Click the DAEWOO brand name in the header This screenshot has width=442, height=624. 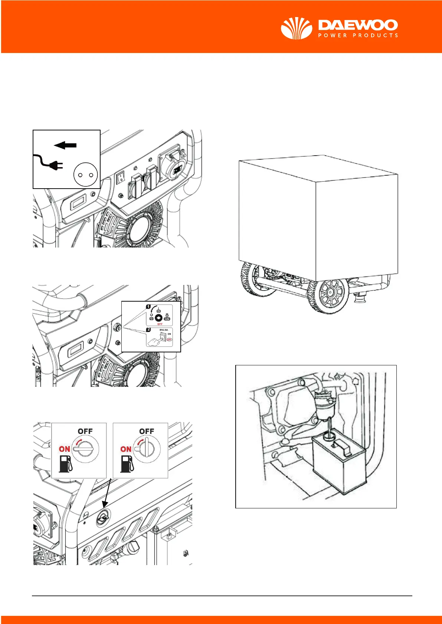tap(358, 25)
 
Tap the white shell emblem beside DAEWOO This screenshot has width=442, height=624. tap(296, 28)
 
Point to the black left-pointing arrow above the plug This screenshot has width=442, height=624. tap(65, 145)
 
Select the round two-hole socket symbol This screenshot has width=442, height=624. tap(85, 174)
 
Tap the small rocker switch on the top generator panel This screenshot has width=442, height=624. tap(120, 178)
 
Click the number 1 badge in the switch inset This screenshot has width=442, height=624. tap(148, 307)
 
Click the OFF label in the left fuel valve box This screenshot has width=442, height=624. tap(85, 431)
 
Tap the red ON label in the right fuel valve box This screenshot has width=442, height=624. tap(126, 449)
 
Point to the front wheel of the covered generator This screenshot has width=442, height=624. tap(328, 294)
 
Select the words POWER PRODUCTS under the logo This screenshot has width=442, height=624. tap(358, 36)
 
